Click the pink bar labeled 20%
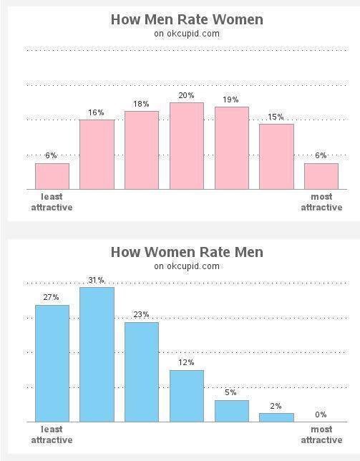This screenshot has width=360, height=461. (x=186, y=146)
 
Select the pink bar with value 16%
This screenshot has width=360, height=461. (x=97, y=155)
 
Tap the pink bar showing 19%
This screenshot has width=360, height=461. (x=231, y=148)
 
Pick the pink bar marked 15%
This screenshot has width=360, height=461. (x=276, y=157)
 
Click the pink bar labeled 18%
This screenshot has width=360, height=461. (x=142, y=150)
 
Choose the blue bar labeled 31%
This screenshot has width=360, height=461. (x=97, y=354)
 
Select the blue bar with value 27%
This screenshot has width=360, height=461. (x=52, y=364)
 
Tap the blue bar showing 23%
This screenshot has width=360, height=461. (x=142, y=372)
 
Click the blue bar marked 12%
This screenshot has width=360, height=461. (x=186, y=396)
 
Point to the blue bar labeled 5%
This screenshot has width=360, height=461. (x=231, y=411)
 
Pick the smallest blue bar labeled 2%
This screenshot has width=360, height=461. (x=276, y=417)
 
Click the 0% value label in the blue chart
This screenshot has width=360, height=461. (x=321, y=414)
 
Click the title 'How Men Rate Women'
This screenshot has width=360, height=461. (x=187, y=19)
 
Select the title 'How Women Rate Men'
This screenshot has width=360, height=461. (x=187, y=252)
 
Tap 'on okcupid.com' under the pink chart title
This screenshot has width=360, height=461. (x=187, y=34)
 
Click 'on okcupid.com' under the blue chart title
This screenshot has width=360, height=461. (x=187, y=266)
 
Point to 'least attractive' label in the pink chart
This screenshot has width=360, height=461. (x=52, y=203)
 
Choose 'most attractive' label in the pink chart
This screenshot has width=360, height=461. (x=321, y=203)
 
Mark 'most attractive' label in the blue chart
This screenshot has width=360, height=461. (x=321, y=435)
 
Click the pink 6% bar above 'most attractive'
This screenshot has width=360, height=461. (x=321, y=176)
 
